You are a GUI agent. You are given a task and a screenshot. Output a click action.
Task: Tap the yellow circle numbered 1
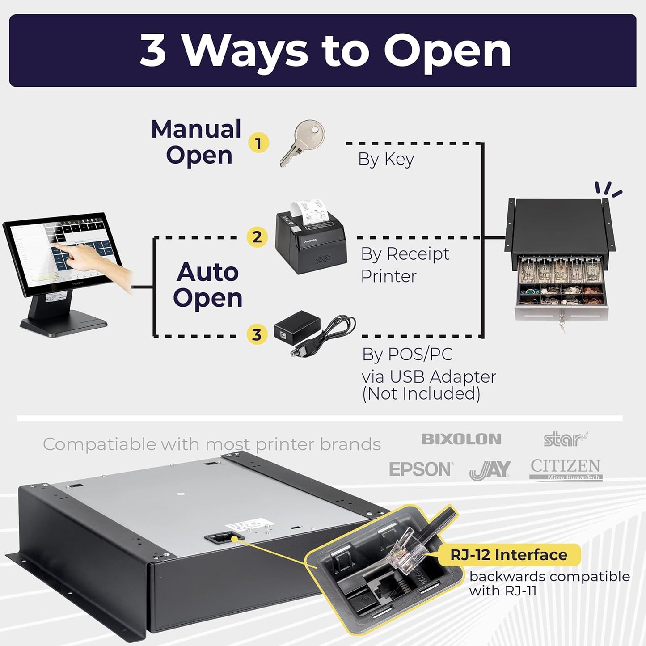[x=258, y=144]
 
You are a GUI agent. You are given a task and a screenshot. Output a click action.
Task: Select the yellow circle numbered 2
[x=257, y=237]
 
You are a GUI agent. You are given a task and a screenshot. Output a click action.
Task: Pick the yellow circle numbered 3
[x=257, y=334]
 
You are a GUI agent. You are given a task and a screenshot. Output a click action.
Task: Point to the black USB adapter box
[x=297, y=326]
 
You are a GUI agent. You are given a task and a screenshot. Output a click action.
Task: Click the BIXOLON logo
[x=461, y=439]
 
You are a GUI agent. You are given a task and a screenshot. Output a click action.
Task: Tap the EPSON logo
[x=421, y=469]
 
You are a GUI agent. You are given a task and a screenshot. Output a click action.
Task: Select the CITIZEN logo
[x=566, y=469]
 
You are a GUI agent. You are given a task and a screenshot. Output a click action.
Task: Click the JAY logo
[x=490, y=470]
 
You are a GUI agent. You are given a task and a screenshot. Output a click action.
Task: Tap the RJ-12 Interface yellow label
[x=509, y=555]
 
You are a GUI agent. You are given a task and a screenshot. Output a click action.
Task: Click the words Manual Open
[x=197, y=142]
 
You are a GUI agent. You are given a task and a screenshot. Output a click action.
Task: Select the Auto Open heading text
[x=207, y=285]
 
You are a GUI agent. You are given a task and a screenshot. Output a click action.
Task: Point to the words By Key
[x=386, y=159]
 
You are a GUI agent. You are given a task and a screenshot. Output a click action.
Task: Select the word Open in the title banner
[x=447, y=51]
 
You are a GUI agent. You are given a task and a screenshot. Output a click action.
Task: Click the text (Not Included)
[x=421, y=394]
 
